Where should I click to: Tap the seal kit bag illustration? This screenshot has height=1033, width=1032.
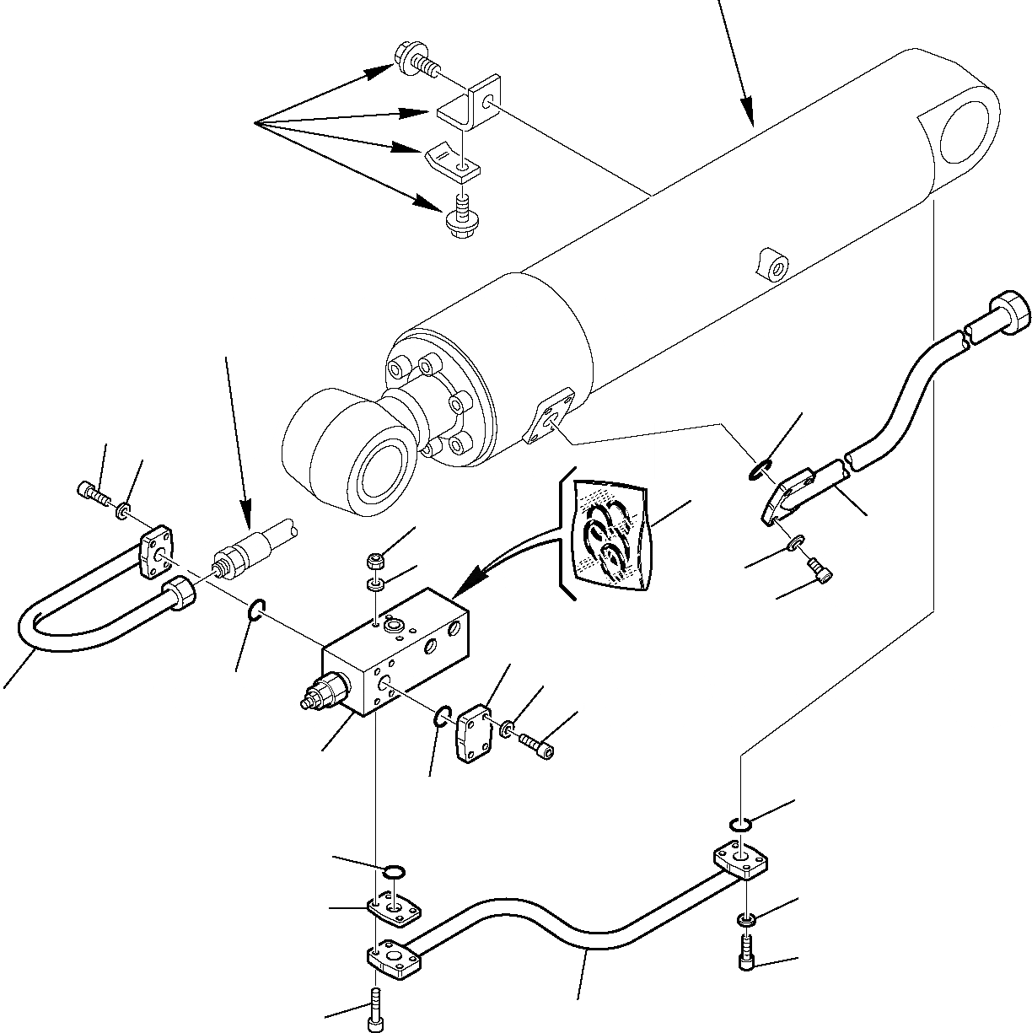point(610,535)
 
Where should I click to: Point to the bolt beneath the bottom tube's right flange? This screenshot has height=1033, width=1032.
point(746,954)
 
